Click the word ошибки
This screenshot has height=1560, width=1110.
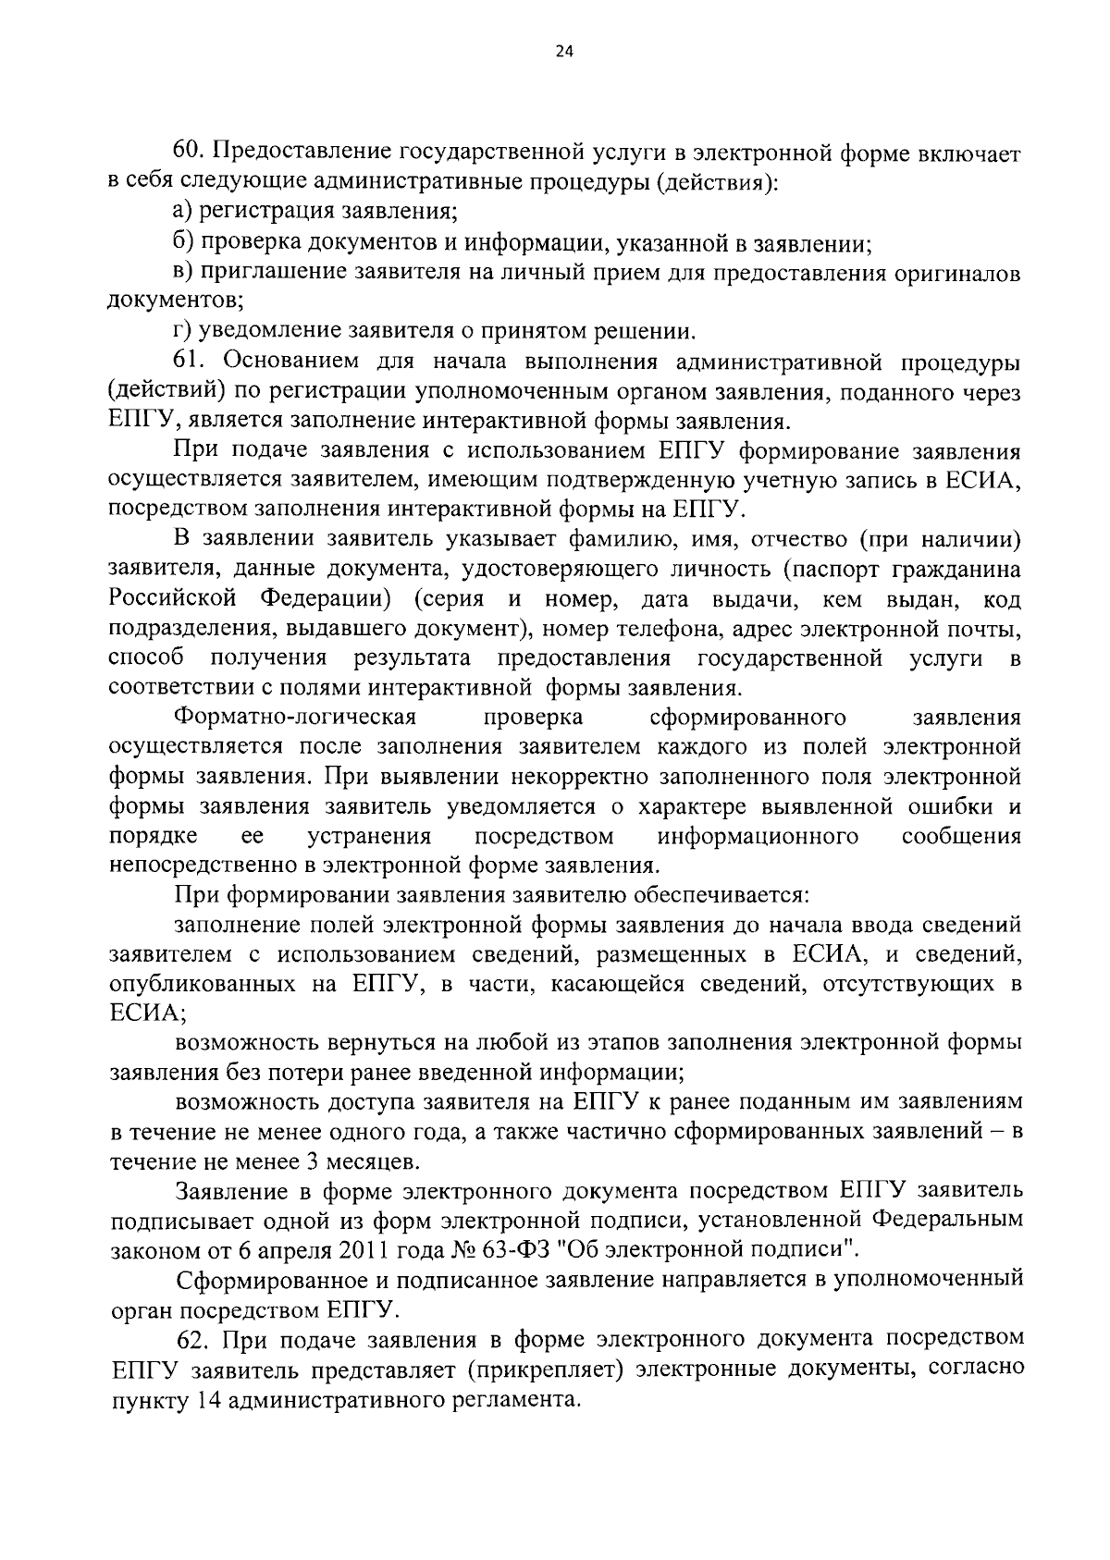(956, 806)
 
